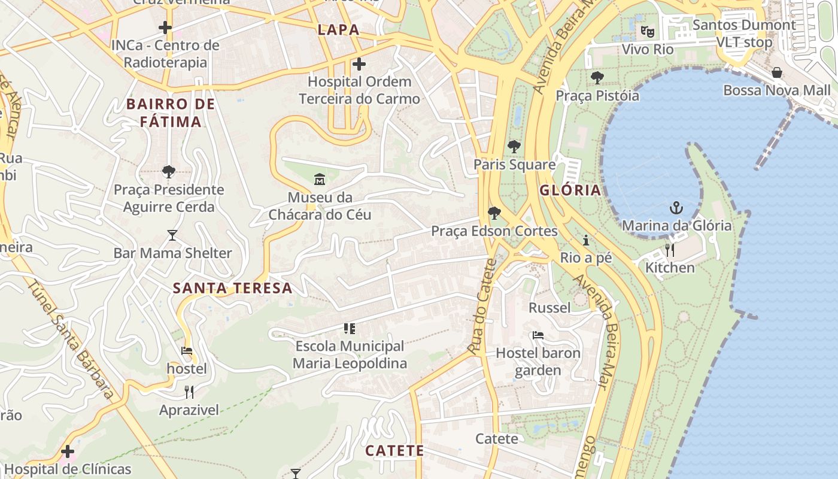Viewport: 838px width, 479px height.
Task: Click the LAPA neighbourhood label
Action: pyautogui.click(x=339, y=30)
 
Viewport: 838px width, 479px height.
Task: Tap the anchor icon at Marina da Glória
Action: pyautogui.click(x=676, y=208)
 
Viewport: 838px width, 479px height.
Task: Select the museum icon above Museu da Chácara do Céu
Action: pyautogui.click(x=320, y=179)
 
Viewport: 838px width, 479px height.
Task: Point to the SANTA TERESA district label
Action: pyautogui.click(x=233, y=288)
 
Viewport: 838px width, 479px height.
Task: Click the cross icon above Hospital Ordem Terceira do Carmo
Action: pyautogui.click(x=359, y=63)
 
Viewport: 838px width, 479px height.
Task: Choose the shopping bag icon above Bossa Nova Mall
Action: pyautogui.click(x=777, y=72)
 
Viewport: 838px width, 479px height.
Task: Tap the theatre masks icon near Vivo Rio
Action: pyautogui.click(x=647, y=31)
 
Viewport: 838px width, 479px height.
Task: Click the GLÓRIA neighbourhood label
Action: pyautogui.click(x=570, y=190)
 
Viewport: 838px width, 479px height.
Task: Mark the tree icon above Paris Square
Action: pyautogui.click(x=514, y=146)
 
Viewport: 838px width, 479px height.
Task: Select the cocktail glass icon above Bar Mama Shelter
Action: pyautogui.click(x=172, y=235)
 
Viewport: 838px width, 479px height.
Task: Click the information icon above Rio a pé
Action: pyautogui.click(x=586, y=240)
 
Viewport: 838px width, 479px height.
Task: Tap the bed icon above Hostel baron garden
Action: pyautogui.click(x=538, y=335)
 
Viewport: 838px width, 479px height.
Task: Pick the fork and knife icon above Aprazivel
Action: pyautogui.click(x=189, y=392)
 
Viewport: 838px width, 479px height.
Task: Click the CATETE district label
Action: pyautogui.click(x=394, y=451)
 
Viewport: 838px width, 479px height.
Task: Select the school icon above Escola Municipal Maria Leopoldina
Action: pyautogui.click(x=350, y=328)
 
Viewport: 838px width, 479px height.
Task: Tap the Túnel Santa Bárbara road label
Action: pyautogui.click(x=71, y=339)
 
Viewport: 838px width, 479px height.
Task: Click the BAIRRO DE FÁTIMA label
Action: pyautogui.click(x=171, y=113)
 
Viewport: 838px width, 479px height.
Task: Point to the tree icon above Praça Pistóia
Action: pyautogui.click(x=597, y=77)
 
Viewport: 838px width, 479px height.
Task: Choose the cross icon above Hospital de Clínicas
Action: pyautogui.click(x=68, y=451)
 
